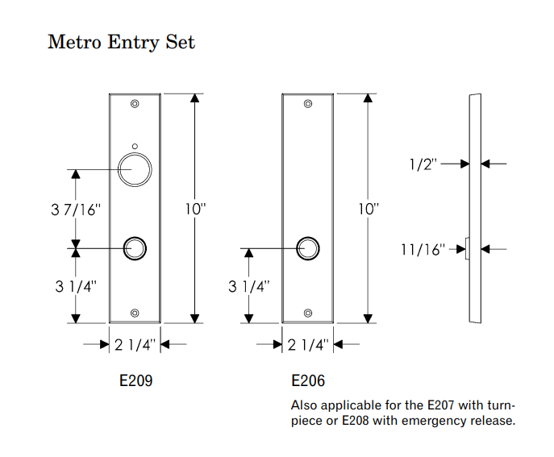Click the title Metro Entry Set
[121, 42]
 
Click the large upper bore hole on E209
[135, 169]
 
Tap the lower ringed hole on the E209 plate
[135, 248]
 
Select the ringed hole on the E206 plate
[307, 248]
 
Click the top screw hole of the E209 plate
[135, 104]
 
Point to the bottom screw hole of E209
[135, 314]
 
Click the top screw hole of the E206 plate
[307, 104]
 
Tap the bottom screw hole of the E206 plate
[307, 314]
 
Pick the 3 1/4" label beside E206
[248, 286]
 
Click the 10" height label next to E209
[195, 209]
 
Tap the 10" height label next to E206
[369, 209]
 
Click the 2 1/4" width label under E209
[135, 345]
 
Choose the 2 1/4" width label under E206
[307, 345]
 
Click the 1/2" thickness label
[423, 164]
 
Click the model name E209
[135, 380]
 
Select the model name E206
[307, 380]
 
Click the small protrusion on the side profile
[467, 248]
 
